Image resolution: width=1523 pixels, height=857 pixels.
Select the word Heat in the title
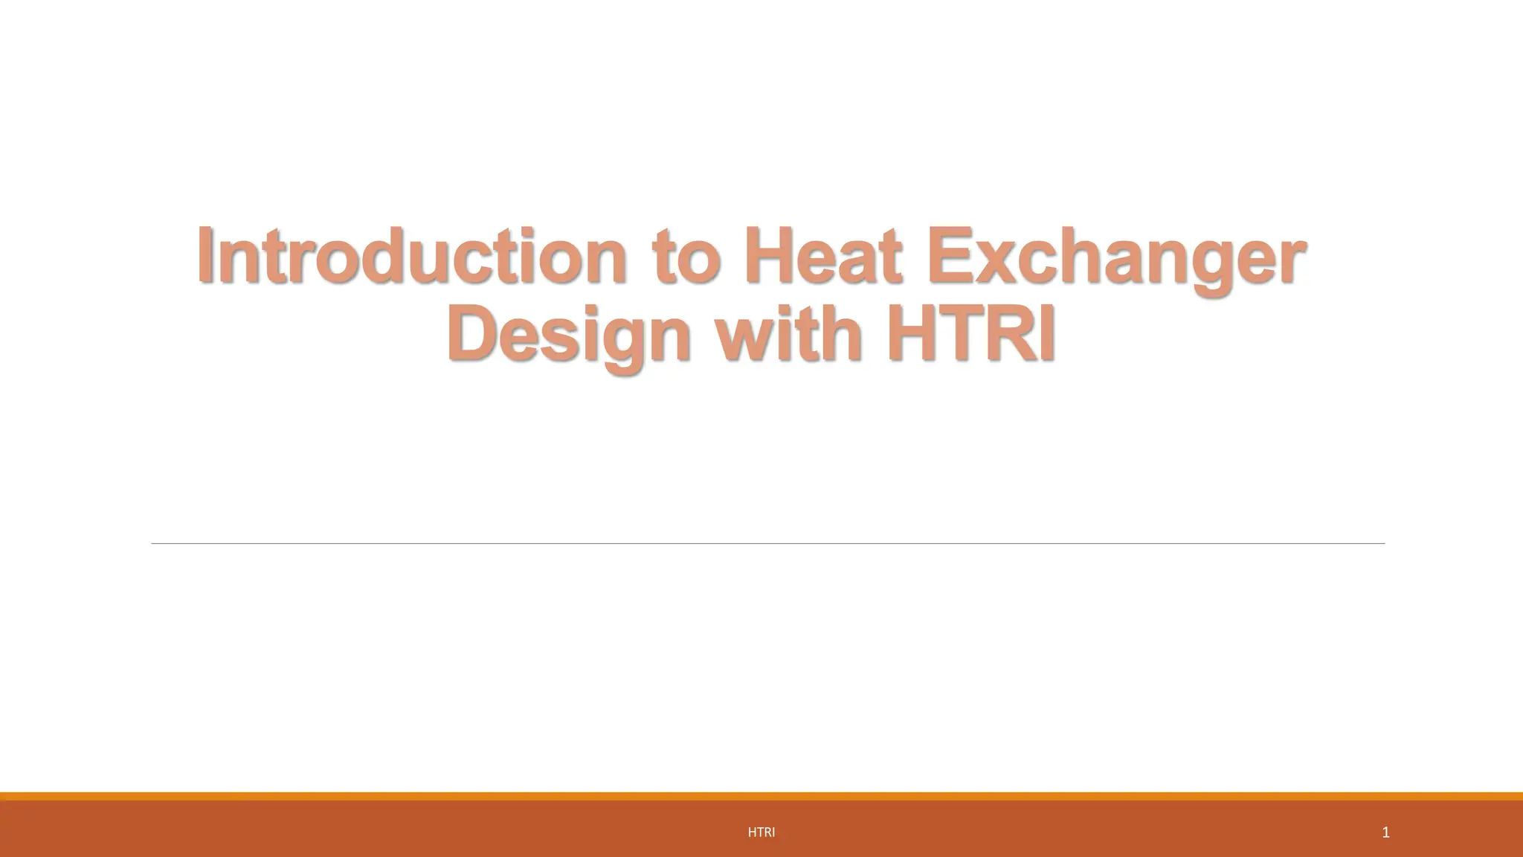tap(822, 256)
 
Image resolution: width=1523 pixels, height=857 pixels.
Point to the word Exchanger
tap(1115, 256)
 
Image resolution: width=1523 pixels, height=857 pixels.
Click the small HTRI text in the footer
tap(761, 832)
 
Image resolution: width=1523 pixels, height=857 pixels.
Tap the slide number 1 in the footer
tap(1385, 832)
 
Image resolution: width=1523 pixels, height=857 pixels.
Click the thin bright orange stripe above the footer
tap(761, 796)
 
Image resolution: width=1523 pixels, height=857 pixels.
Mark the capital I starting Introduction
tap(206, 256)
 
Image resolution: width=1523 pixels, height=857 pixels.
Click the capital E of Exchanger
tap(947, 256)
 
